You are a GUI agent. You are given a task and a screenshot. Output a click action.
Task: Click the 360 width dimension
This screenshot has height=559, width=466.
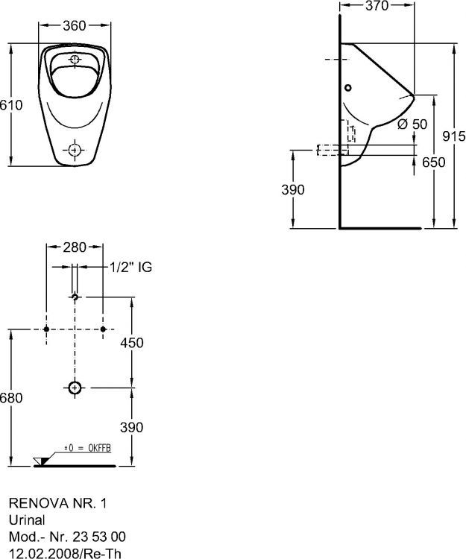coord(74,26)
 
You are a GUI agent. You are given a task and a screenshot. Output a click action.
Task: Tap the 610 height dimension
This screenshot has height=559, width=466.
coord(7,107)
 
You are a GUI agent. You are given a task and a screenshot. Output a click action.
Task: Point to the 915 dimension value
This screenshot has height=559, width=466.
coord(453,136)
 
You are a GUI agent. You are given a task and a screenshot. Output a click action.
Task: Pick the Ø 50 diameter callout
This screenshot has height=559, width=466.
coord(412,124)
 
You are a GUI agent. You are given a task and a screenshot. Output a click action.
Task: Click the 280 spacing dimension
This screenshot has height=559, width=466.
coord(74,247)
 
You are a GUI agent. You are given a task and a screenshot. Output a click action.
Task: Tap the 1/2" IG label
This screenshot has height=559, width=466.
coord(130,267)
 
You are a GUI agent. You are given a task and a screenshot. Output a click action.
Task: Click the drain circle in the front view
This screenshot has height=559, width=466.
coord(74,151)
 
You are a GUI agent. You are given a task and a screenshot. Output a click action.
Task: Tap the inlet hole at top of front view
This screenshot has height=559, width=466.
coord(75,59)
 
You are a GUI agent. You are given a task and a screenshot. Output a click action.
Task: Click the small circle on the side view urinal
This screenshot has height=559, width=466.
coord(348,87)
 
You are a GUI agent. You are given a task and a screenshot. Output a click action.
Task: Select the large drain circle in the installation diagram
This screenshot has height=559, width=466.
coord(74,388)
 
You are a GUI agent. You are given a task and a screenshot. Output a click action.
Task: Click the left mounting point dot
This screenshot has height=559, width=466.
coord(46,329)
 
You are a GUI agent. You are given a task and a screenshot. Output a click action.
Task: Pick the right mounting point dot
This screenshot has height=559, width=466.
coord(102,329)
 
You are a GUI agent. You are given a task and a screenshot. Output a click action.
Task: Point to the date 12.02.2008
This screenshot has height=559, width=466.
coord(40,551)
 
